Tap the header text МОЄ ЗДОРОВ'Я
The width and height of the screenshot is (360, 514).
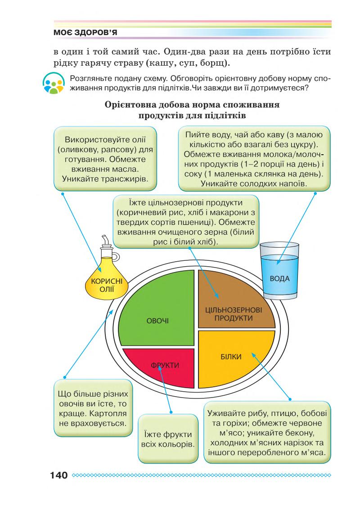[x=85, y=34]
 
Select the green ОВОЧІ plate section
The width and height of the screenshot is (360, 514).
[x=153, y=315]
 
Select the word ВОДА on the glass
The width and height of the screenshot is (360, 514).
[x=279, y=278]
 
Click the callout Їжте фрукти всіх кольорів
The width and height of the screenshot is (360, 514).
[x=168, y=439]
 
